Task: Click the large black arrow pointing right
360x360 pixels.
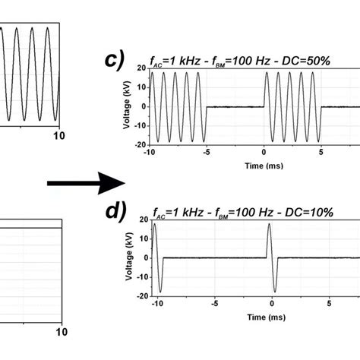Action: click(x=85, y=182)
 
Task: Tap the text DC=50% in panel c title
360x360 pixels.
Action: click(x=308, y=60)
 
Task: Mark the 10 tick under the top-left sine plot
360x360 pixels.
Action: click(x=57, y=135)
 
